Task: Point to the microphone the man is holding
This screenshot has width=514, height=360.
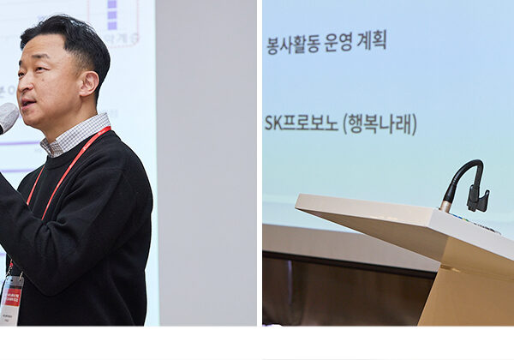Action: coord(8,117)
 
